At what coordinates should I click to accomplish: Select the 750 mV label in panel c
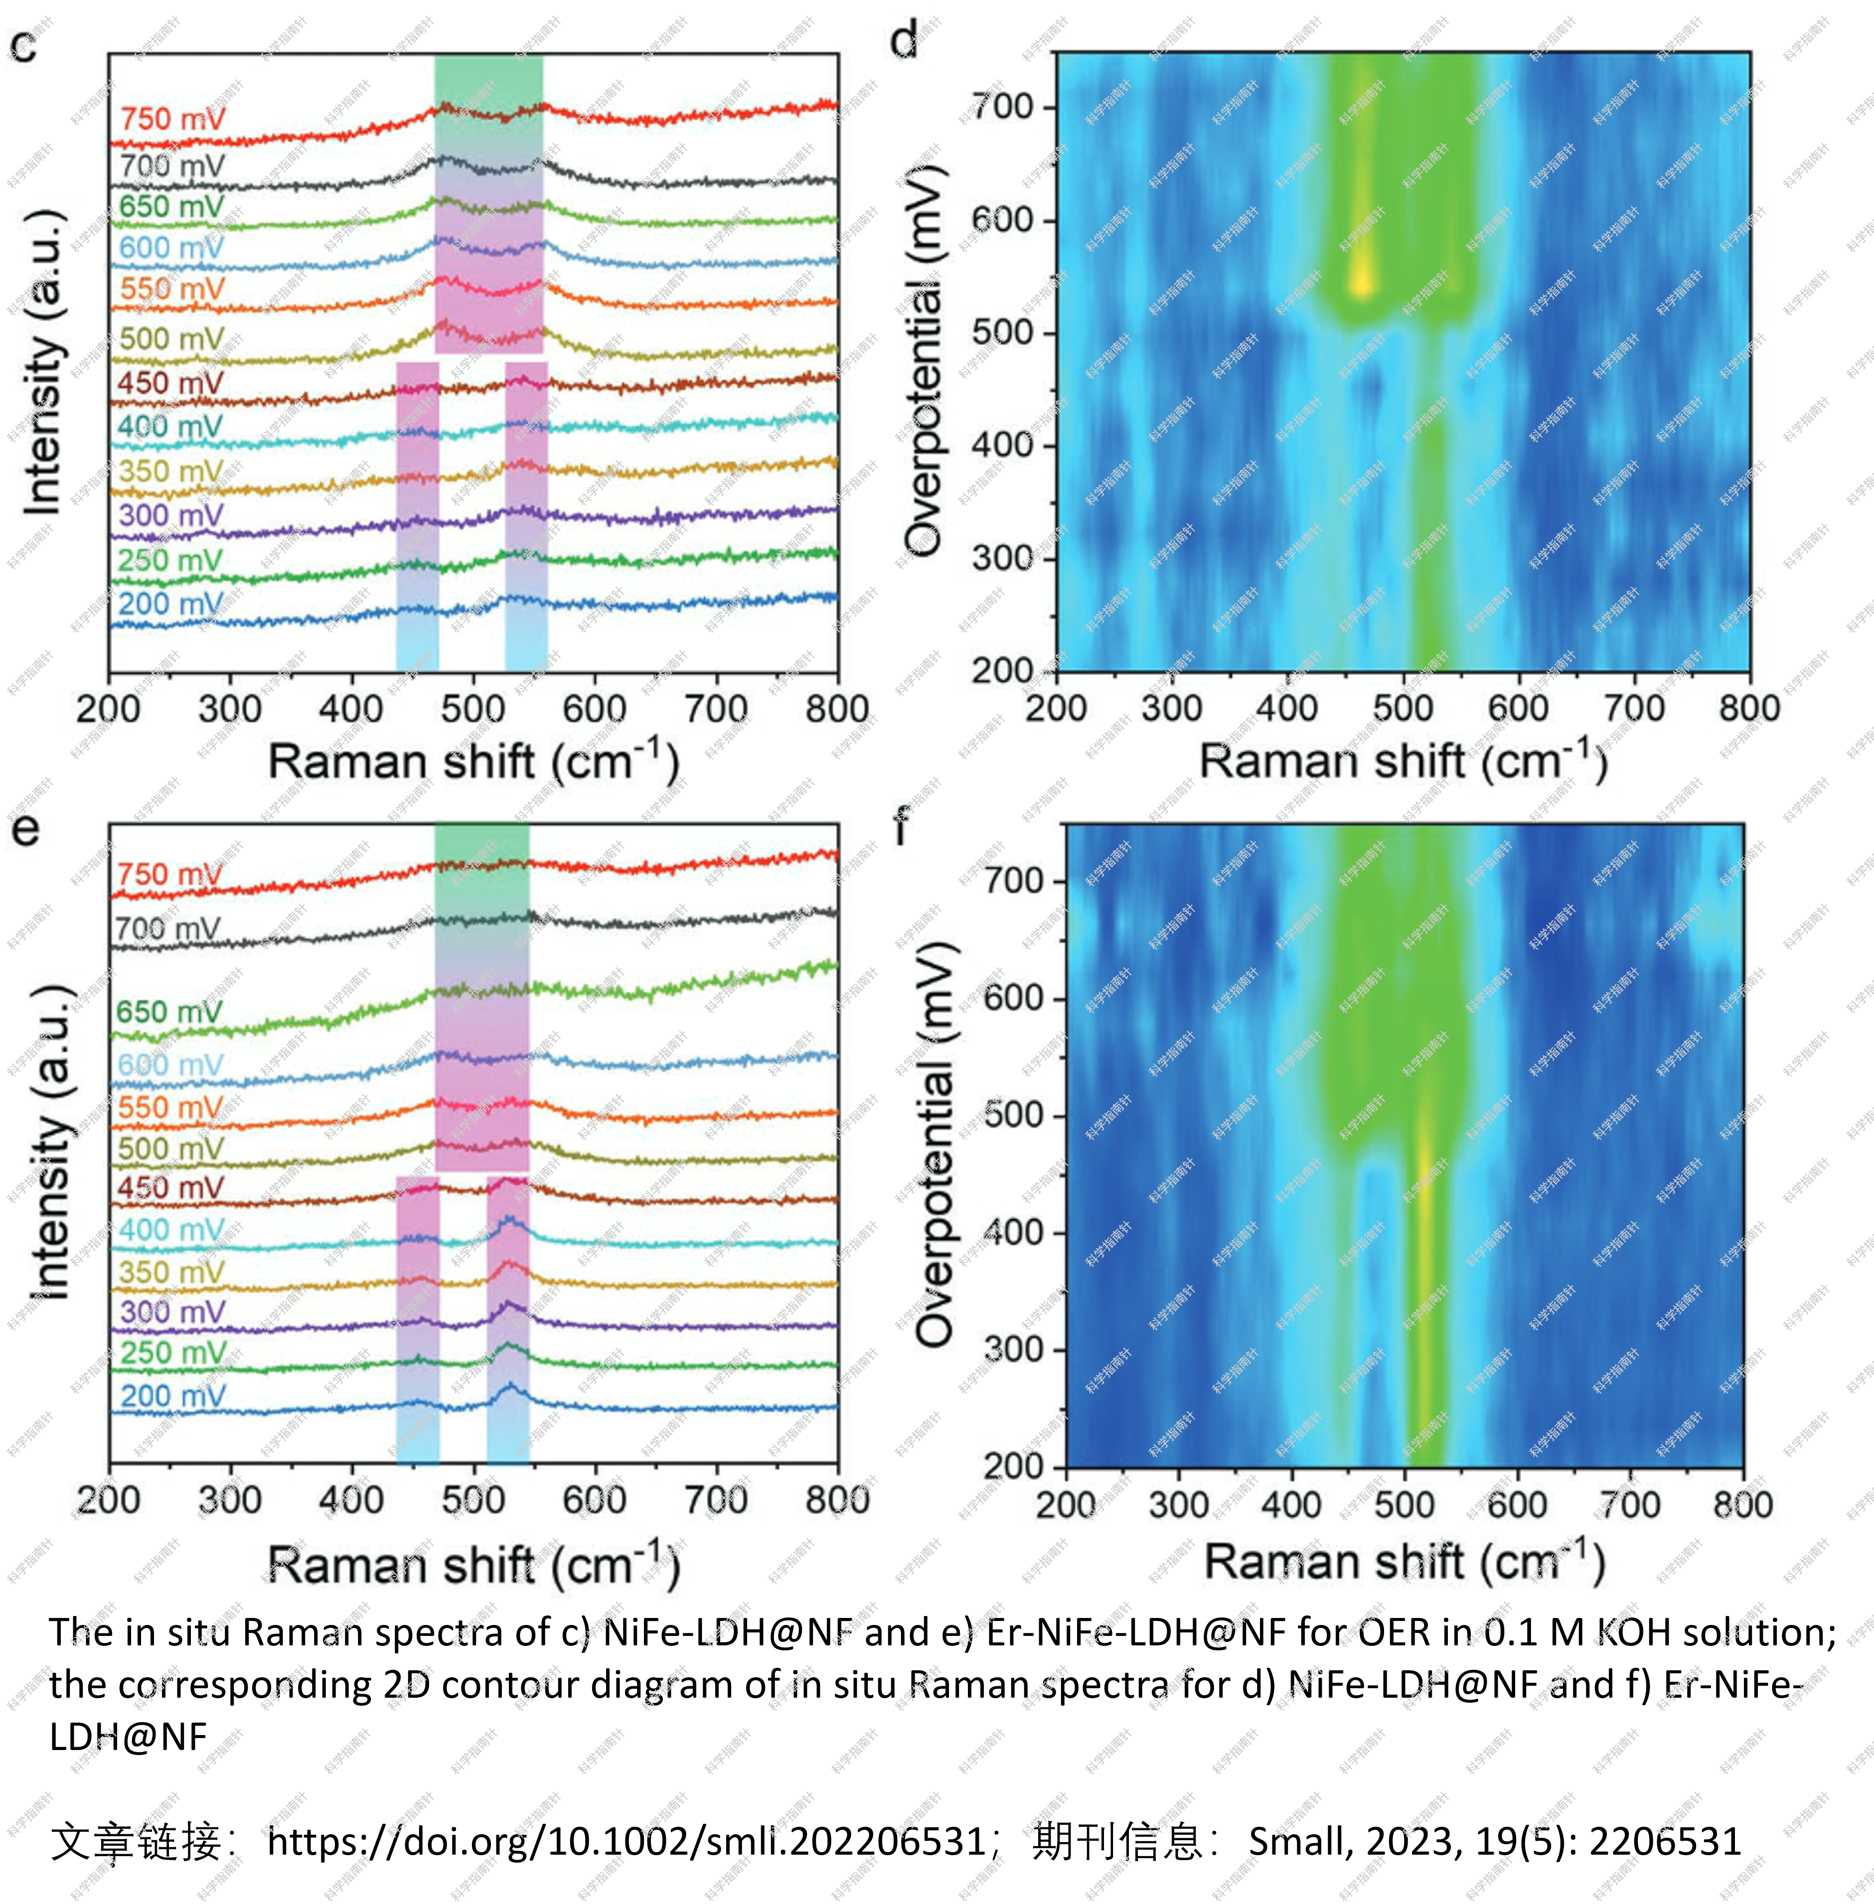tap(172, 119)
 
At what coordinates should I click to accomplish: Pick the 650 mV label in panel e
tap(169, 1012)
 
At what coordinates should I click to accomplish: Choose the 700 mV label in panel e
tap(167, 928)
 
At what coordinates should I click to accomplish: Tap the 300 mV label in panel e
tap(172, 1311)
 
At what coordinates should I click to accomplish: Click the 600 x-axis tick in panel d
tap(1519, 709)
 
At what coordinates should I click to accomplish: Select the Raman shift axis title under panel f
tap(1405, 1563)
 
